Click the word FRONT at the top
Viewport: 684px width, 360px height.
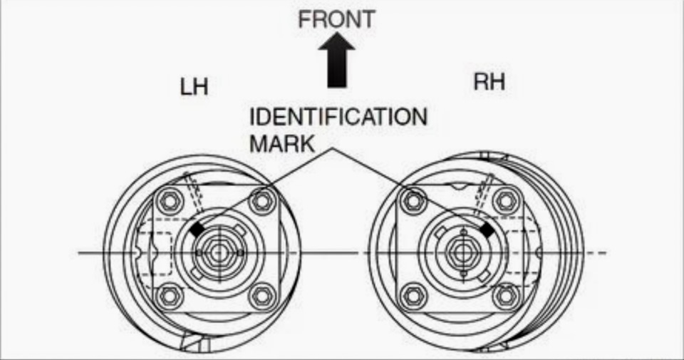(x=336, y=19)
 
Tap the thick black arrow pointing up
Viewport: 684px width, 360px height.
(x=336, y=62)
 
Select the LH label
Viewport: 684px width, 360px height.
(x=193, y=87)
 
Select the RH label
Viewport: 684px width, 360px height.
(x=489, y=81)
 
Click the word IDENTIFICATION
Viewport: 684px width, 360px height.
(x=338, y=117)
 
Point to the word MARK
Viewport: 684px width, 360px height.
(x=281, y=143)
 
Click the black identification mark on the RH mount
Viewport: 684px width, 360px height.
(x=488, y=230)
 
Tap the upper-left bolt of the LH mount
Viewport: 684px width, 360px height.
(x=169, y=200)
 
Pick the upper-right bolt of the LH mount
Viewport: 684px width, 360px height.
(x=262, y=201)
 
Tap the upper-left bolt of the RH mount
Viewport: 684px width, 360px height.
(x=414, y=200)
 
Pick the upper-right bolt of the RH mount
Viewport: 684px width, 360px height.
(x=506, y=200)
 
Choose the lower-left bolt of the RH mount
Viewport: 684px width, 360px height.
(x=414, y=294)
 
